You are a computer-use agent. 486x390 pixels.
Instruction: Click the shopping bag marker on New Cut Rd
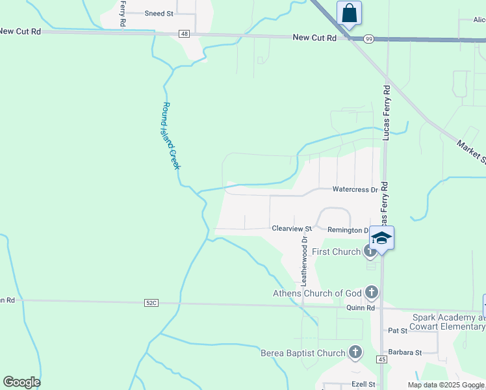click(x=349, y=14)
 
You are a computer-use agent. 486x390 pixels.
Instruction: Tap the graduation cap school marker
click(x=382, y=238)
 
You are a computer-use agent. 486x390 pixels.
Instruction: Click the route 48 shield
click(x=185, y=34)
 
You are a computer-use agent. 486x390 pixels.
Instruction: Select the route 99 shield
click(x=368, y=39)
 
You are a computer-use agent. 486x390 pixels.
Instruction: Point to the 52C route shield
click(x=151, y=303)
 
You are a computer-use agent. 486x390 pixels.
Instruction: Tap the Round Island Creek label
click(x=170, y=136)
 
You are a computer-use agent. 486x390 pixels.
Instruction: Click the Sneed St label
click(x=159, y=13)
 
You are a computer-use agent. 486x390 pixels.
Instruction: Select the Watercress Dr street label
click(x=355, y=190)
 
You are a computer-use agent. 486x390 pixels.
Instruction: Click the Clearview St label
click(x=292, y=229)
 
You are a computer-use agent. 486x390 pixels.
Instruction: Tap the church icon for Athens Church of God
click(x=372, y=292)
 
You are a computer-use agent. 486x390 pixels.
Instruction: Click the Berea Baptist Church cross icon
click(x=355, y=353)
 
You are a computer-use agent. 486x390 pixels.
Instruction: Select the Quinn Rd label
click(x=361, y=308)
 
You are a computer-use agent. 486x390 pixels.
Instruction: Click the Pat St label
click(x=397, y=330)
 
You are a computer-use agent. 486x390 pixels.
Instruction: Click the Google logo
click(x=21, y=382)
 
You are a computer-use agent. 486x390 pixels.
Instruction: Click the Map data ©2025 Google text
click(x=446, y=385)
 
